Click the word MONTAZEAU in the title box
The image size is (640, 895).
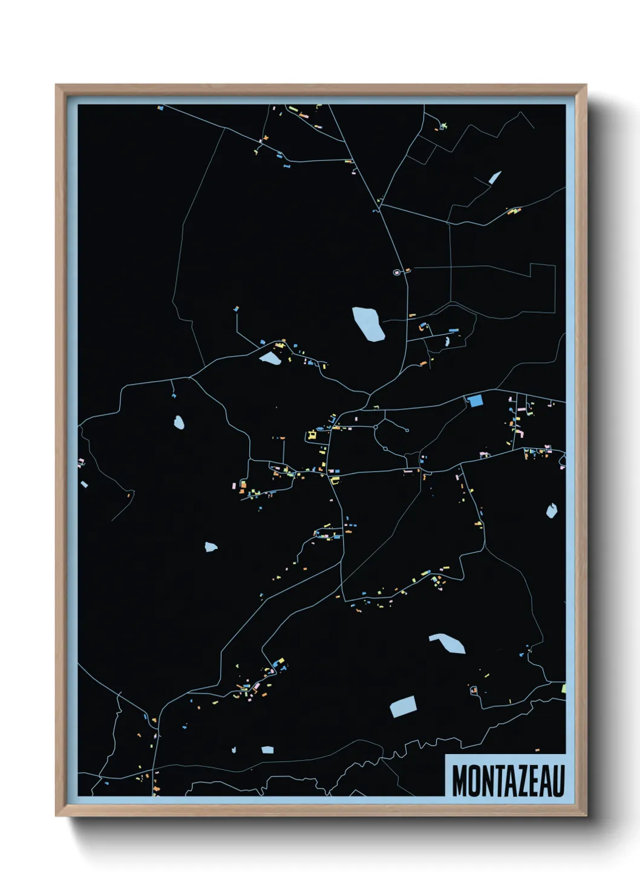[x=508, y=781]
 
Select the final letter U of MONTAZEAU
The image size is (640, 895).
[x=557, y=781]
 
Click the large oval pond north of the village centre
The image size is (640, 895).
[x=368, y=324]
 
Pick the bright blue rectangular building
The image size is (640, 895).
[x=475, y=400]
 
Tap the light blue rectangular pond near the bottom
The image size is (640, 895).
[x=403, y=706]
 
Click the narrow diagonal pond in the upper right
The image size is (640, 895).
[x=495, y=177]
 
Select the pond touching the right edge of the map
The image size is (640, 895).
[x=551, y=511]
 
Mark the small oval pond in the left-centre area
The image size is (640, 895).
[x=178, y=421]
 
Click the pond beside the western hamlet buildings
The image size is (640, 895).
[x=270, y=359]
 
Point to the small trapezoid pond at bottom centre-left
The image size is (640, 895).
[x=267, y=750]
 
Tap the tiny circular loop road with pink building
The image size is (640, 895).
[x=398, y=272]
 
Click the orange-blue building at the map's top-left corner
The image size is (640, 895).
[x=160, y=108]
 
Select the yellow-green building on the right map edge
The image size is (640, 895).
[x=564, y=688]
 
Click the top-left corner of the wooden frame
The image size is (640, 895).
[x=58, y=86]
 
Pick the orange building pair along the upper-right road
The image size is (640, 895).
[x=513, y=211]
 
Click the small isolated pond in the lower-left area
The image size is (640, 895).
[x=211, y=547]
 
